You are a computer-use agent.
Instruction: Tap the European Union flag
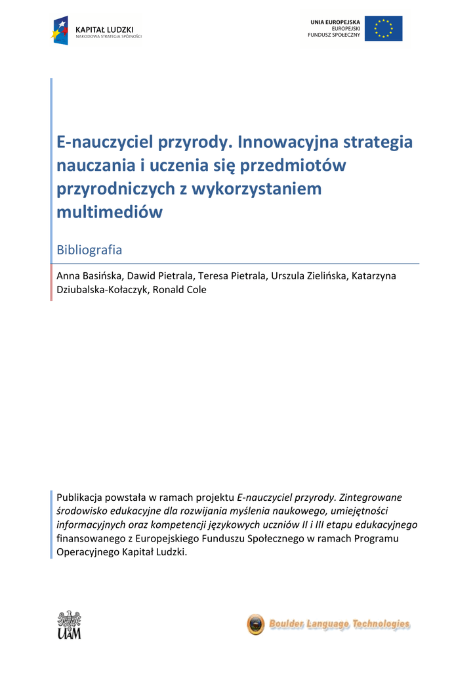point(384,29)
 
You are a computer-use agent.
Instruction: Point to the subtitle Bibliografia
point(89,250)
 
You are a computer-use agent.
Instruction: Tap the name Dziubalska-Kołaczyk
point(102,289)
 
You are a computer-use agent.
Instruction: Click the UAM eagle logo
point(69,625)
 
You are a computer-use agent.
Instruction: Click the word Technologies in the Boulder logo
point(381,624)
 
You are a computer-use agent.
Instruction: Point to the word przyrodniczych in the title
point(115,189)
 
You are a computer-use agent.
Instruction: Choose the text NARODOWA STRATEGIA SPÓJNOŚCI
point(109,37)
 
